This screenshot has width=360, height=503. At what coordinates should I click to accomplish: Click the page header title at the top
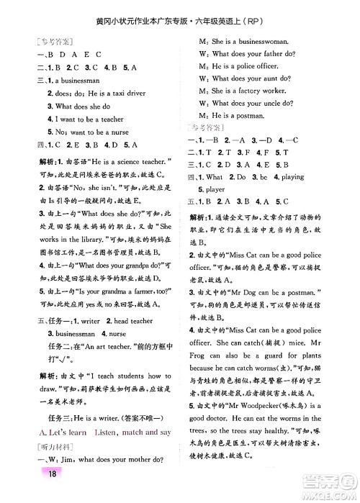coord(180,11)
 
